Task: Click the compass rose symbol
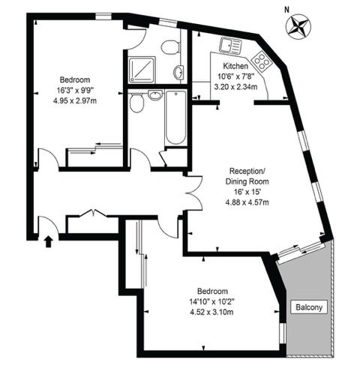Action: [298, 26]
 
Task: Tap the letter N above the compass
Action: [286, 10]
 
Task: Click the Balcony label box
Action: [307, 307]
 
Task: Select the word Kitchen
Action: [236, 66]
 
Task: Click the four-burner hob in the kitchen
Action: [260, 59]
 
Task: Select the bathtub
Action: [175, 117]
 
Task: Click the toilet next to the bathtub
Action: [137, 103]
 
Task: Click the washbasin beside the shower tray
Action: [178, 73]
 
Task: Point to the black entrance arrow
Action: [49, 241]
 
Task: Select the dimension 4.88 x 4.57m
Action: [247, 201]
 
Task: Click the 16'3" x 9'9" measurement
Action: [75, 90]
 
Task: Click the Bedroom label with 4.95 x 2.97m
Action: [75, 79]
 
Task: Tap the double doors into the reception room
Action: [194, 193]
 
